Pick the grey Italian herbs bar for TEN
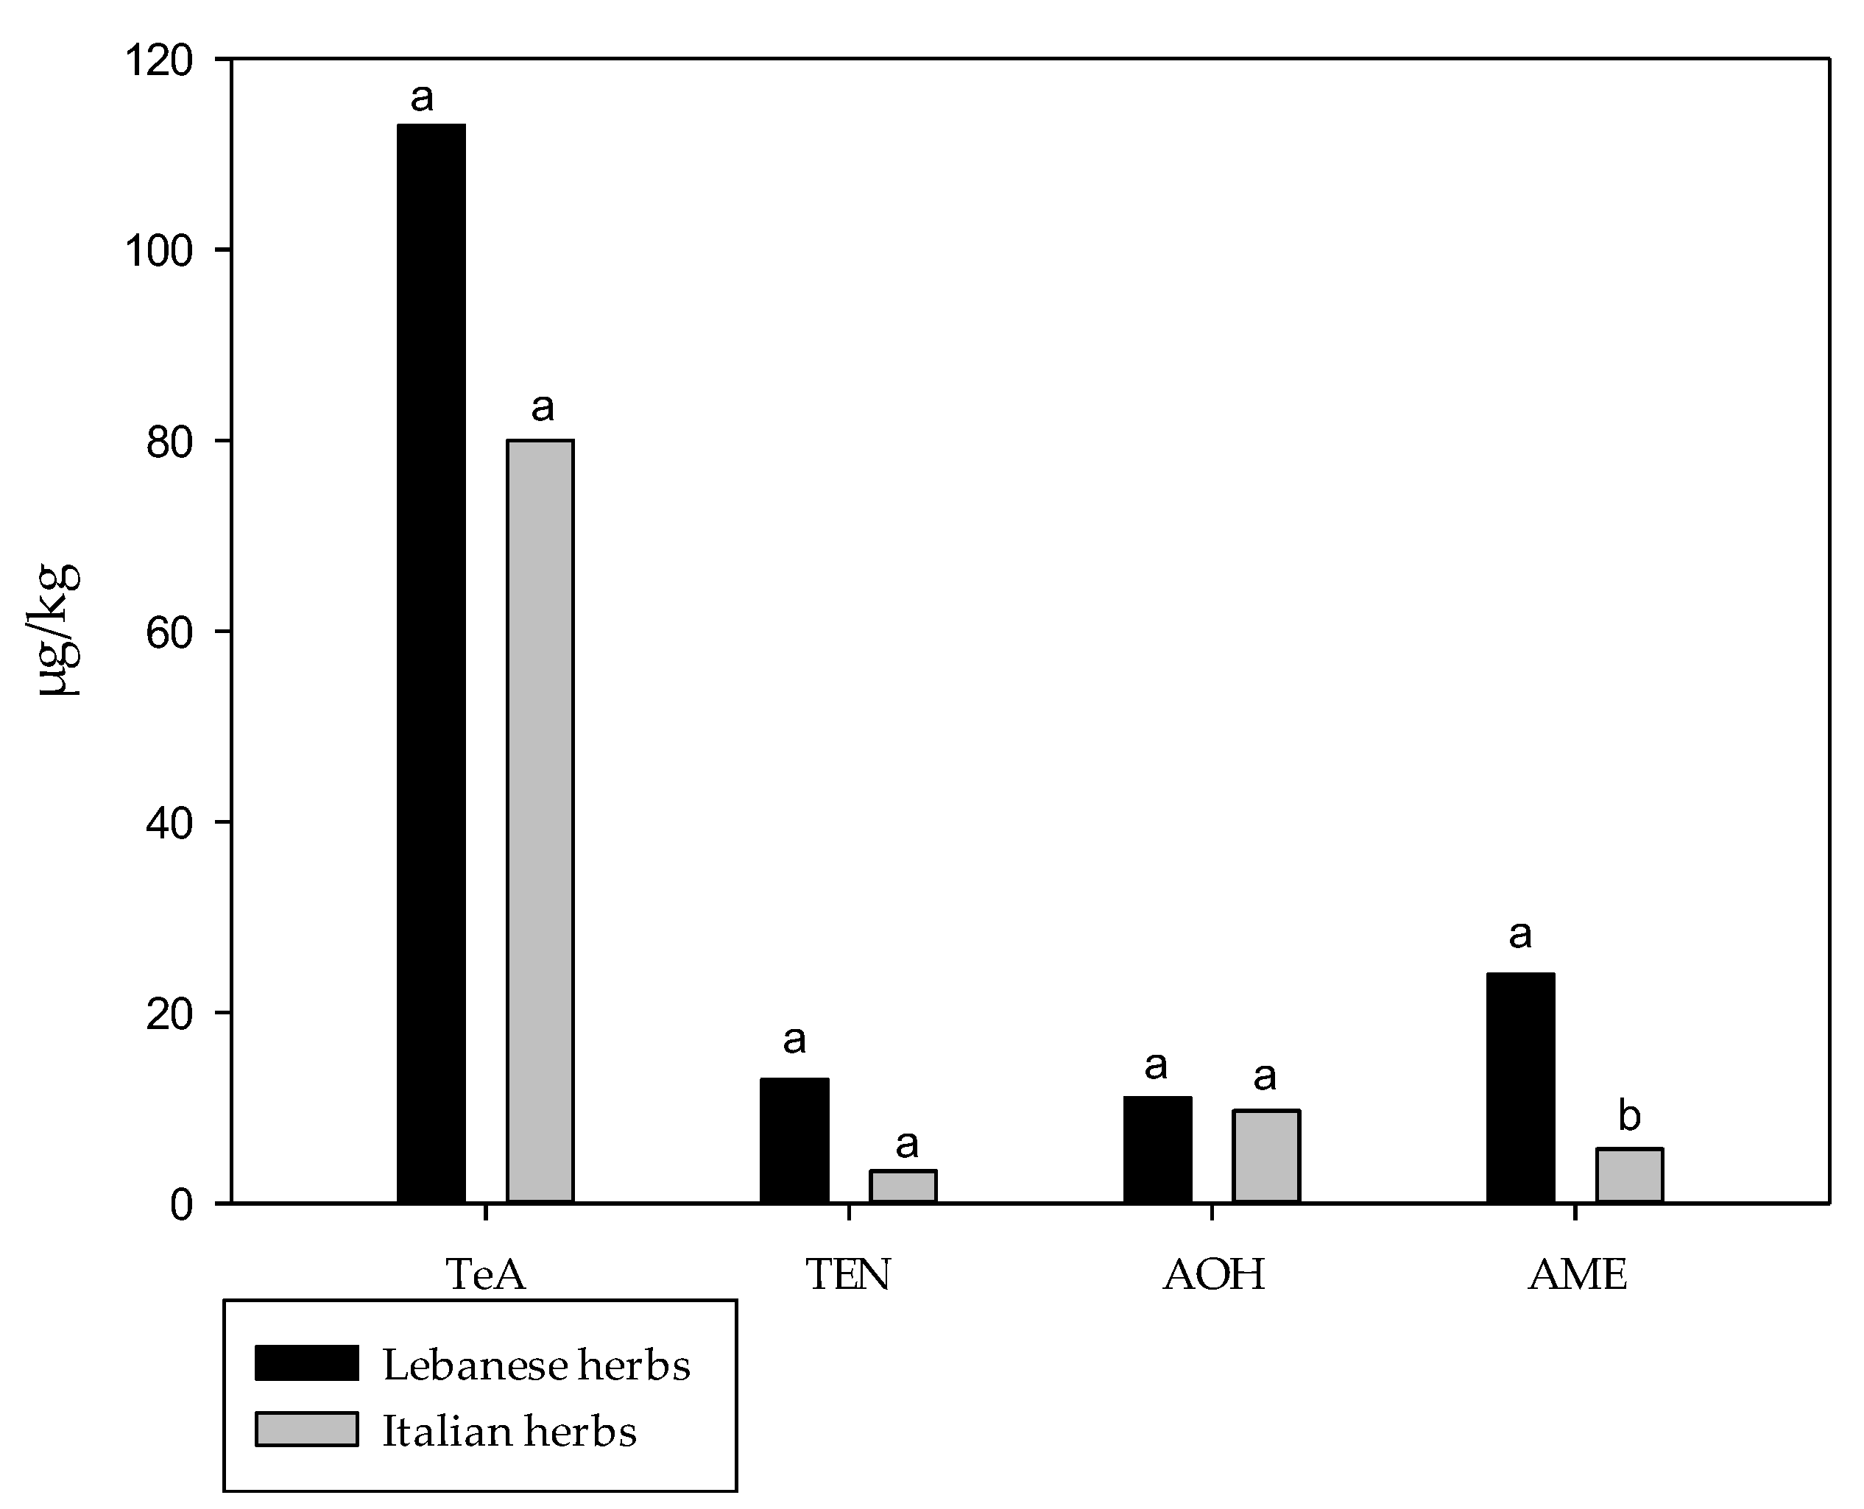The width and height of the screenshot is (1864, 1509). pos(904,1187)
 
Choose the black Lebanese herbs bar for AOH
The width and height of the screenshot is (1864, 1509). pos(1157,1150)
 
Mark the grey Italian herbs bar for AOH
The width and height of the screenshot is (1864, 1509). pos(1265,1156)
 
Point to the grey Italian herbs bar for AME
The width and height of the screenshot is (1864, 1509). pos(1629,1176)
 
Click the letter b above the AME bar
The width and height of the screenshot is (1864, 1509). pos(1629,1115)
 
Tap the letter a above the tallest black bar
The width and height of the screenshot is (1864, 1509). pos(422,97)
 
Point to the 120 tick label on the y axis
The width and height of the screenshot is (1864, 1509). pos(159,61)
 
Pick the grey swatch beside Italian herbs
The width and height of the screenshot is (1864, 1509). pos(306,1429)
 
